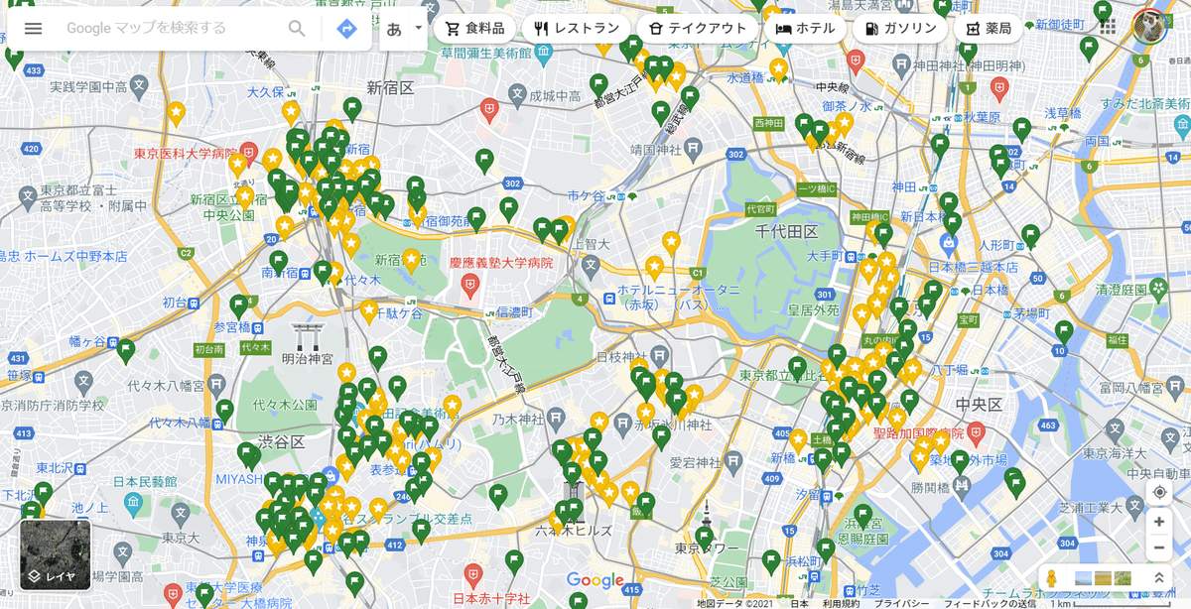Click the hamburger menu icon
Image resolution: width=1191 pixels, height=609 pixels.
tap(34, 28)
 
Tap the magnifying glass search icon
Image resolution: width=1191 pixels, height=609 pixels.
tap(297, 28)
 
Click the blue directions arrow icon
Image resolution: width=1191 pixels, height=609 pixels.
tap(346, 29)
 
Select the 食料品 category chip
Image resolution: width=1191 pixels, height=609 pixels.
tap(474, 29)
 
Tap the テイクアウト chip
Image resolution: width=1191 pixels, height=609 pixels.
tap(697, 29)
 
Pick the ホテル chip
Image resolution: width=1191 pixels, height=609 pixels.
tap(805, 29)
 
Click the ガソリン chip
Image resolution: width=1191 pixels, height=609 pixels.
tap(900, 29)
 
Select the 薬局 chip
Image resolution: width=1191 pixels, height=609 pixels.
tap(989, 29)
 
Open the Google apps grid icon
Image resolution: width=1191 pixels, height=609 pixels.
tap(1108, 28)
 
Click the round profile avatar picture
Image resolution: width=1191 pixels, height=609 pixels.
tap(1149, 27)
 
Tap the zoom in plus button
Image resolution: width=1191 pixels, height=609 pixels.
tap(1158, 522)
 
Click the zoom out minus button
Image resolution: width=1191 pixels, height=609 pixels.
tap(1158, 548)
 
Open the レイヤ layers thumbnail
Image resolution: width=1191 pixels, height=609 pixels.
tap(56, 554)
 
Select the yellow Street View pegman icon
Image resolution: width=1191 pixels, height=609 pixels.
tap(1052, 578)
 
